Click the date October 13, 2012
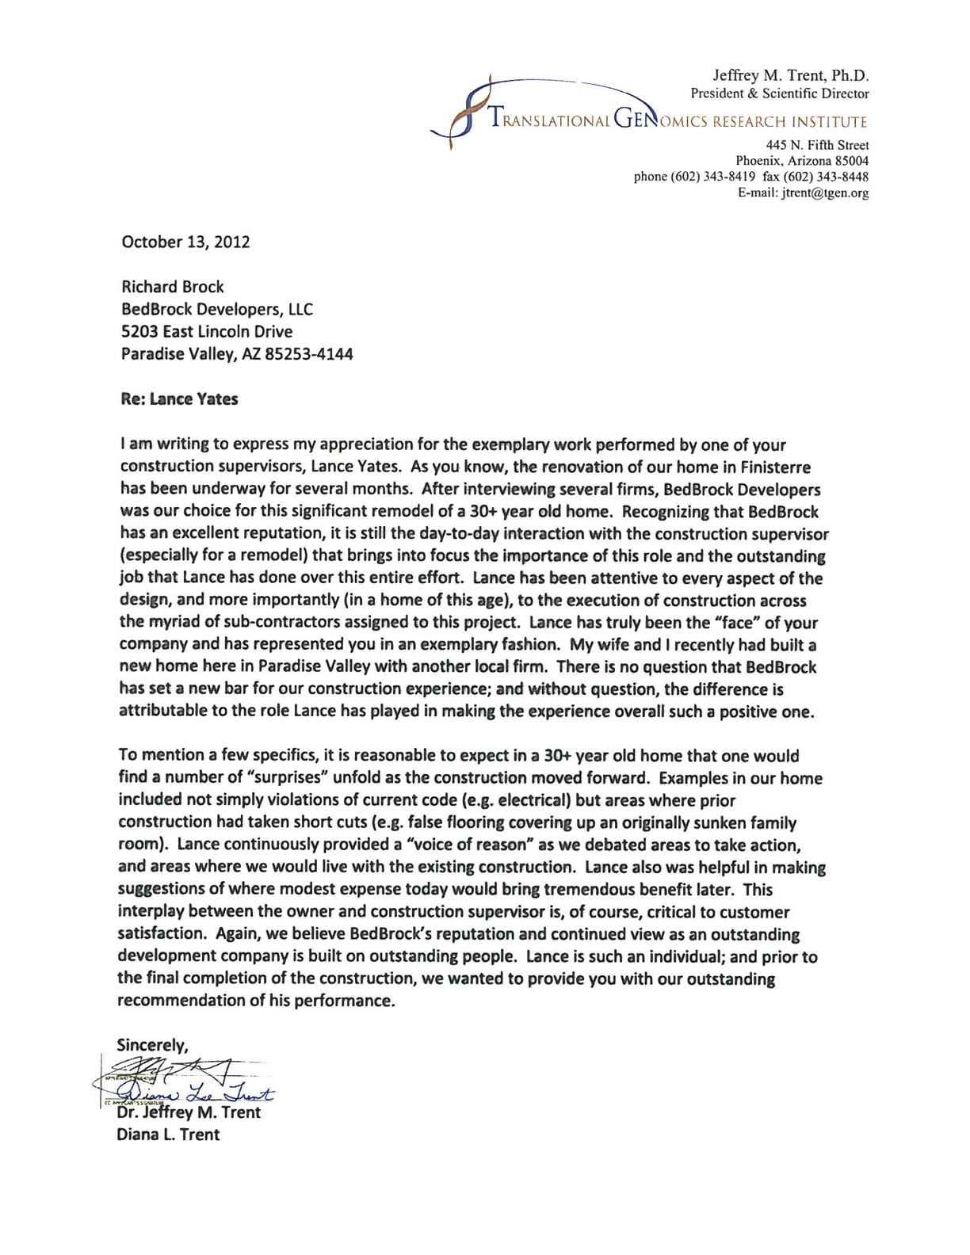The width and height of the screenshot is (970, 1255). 185,242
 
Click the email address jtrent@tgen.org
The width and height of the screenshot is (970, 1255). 824,193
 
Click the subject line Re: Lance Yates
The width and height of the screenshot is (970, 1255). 179,399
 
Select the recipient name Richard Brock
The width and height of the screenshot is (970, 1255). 172,287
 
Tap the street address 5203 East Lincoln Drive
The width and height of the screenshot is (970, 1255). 207,332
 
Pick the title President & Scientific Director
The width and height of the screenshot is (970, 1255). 780,93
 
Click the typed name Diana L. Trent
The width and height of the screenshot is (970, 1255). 168,1135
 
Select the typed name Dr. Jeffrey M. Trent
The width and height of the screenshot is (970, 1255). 189,1112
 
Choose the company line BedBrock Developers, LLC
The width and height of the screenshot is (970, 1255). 217,310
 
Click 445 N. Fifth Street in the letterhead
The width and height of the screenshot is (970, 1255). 817,145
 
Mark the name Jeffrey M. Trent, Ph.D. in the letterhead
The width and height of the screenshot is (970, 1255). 790,76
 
